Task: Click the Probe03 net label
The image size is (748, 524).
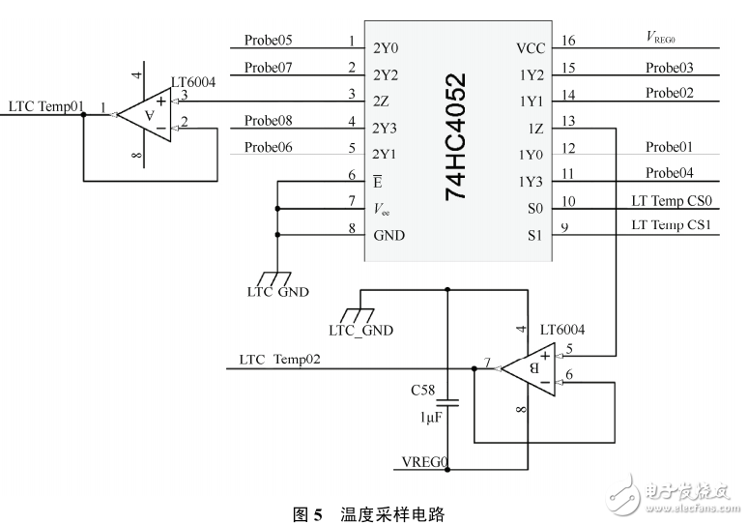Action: pyautogui.click(x=670, y=68)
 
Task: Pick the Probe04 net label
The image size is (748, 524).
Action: pyautogui.click(x=670, y=174)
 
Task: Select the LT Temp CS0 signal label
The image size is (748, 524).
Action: pyautogui.click(x=671, y=201)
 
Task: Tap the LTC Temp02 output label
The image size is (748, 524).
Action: pyautogui.click(x=280, y=360)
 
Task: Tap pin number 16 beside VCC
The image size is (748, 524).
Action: pyautogui.click(x=567, y=41)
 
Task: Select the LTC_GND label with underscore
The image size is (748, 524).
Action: pyautogui.click(x=360, y=330)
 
